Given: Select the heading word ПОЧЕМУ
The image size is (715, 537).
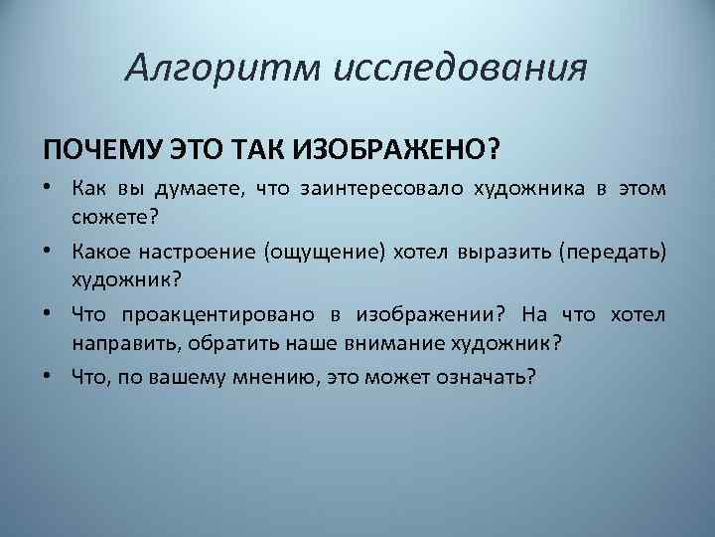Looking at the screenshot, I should [92, 148].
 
